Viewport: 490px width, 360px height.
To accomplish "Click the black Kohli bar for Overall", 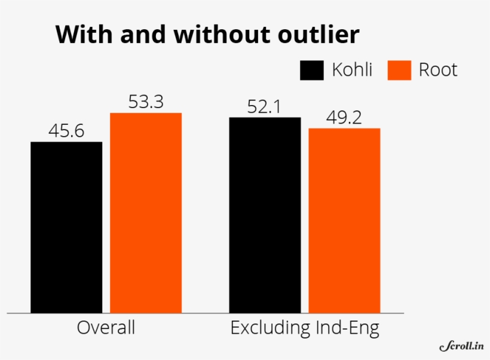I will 66,227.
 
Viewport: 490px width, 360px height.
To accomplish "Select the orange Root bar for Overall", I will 146,213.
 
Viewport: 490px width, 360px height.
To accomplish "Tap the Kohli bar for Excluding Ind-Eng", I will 265,215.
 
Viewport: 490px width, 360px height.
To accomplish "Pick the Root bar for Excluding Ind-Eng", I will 344,220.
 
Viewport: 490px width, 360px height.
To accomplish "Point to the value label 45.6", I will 66,131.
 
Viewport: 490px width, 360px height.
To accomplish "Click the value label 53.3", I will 146,102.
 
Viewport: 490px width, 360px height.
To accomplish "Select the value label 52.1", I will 265,107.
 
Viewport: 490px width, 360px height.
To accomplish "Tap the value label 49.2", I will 344,118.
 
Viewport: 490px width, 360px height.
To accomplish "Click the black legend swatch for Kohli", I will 311,70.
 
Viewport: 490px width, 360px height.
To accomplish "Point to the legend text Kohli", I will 352,70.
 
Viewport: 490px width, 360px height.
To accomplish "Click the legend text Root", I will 437,70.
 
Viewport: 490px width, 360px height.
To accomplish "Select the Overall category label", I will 106,328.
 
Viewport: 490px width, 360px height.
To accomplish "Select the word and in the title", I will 142,35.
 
